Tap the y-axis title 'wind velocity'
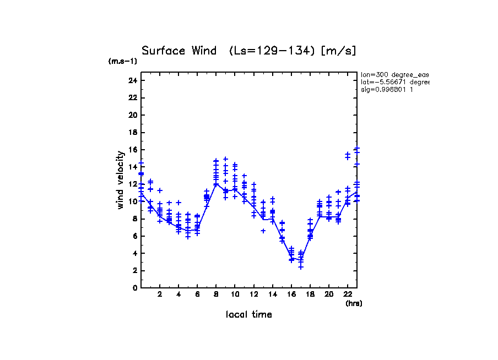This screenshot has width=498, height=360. click(121, 180)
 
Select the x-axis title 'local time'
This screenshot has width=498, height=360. click(248, 315)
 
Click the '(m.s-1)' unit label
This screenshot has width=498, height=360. click(123, 61)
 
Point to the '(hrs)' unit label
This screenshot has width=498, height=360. click(354, 303)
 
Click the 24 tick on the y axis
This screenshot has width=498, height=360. click(132, 80)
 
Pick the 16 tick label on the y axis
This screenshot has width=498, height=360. click(132, 150)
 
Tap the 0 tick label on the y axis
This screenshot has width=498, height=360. click(134, 288)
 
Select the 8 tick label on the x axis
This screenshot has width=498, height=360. click(216, 294)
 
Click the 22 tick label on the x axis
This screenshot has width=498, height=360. click(348, 294)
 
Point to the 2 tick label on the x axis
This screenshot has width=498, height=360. click(160, 294)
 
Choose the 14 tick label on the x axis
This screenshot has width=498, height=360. click(273, 294)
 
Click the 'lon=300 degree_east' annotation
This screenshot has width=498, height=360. click(394, 74)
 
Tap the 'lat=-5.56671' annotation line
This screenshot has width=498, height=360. click(394, 81)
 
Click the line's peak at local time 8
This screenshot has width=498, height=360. click(216, 184)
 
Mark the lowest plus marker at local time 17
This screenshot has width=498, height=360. click(301, 267)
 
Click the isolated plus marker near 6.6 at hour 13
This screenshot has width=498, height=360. click(263, 231)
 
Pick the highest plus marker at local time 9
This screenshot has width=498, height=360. click(225, 159)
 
